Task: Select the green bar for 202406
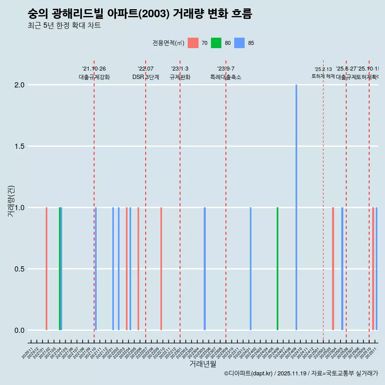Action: coord(278,269)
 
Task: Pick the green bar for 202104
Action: coord(60,269)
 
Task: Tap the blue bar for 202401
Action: coord(251,269)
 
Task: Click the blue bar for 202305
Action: coord(205,269)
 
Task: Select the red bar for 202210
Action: coord(161,269)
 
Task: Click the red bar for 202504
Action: coord(333,269)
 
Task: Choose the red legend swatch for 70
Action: coord(193,43)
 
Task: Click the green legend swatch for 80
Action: coord(216,43)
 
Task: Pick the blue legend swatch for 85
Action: coord(239,43)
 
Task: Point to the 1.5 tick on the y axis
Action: coord(20,146)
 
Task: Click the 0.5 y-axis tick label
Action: coord(20,269)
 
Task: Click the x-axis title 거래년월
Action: coord(203,364)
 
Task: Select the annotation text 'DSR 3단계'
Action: coord(146,77)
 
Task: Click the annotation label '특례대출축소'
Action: coord(226,77)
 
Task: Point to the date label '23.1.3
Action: coord(180,69)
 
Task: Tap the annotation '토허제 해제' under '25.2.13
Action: coord(323,76)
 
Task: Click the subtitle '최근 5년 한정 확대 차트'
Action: coord(64,25)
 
